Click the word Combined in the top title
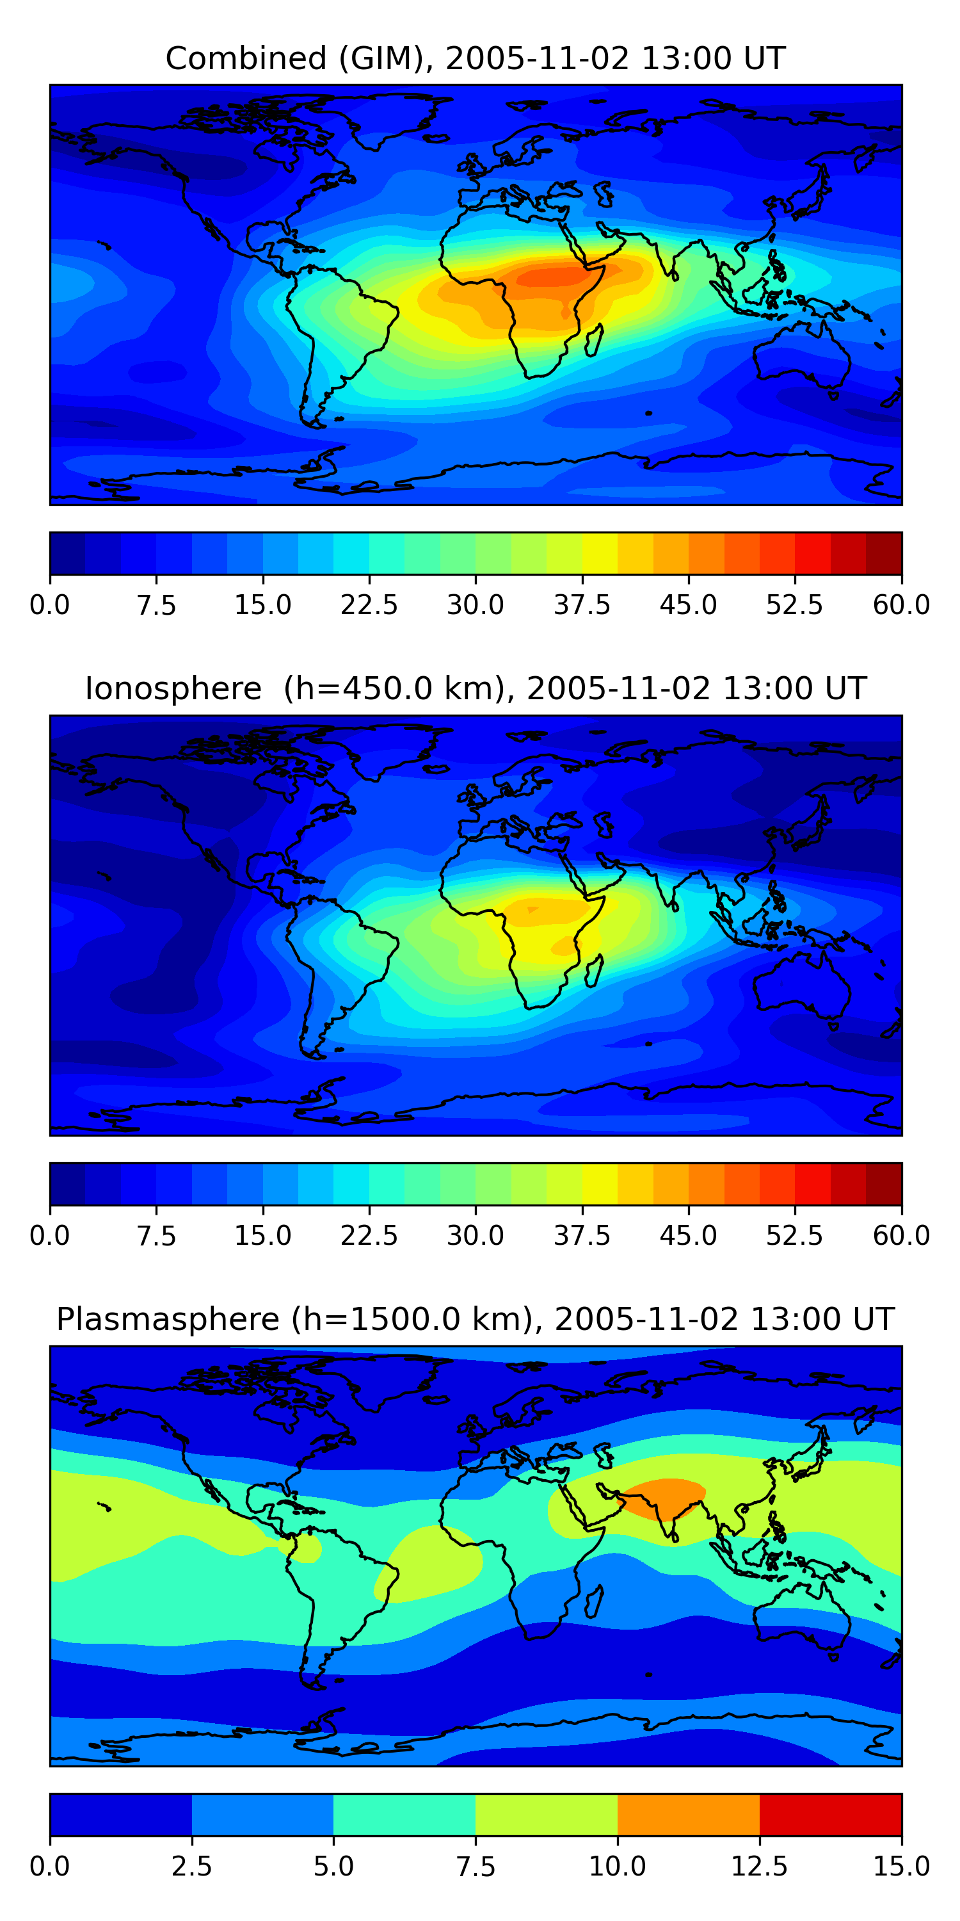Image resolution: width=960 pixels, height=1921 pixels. pyautogui.click(x=246, y=58)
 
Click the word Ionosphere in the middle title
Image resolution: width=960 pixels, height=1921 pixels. pyautogui.click(x=173, y=688)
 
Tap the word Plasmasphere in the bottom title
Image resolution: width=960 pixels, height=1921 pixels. pyautogui.click(x=167, y=1319)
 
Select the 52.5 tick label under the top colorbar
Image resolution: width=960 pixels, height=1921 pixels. pyautogui.click(x=794, y=604)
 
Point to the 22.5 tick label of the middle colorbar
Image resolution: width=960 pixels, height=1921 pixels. pyautogui.click(x=369, y=1236)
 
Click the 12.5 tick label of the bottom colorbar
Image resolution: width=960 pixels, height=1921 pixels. pyautogui.click(x=760, y=1867)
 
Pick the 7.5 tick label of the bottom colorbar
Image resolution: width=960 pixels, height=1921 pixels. pyautogui.click(x=476, y=1867)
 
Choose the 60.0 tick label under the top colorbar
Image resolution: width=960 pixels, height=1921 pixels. pyautogui.click(x=901, y=604)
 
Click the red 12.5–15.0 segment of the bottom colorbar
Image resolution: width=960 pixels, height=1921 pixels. pyautogui.click(x=830, y=1814)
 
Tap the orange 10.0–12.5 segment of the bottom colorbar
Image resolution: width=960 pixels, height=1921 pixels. pyautogui.click(x=688, y=1814)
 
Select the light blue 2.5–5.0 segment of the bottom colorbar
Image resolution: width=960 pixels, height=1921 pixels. pyautogui.click(x=262, y=1814)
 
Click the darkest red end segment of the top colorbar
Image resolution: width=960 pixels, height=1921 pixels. pyautogui.click(x=884, y=553)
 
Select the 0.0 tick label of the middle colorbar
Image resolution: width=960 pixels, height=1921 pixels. pyautogui.click(x=50, y=1236)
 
